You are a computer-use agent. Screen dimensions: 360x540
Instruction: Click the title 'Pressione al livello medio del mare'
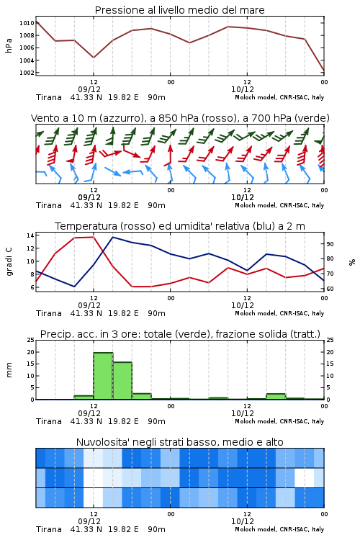179,10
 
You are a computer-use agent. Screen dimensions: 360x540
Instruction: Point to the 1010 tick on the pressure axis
27,23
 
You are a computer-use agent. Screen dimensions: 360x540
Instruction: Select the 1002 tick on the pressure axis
27,73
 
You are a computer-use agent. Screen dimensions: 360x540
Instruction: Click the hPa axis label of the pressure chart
9,45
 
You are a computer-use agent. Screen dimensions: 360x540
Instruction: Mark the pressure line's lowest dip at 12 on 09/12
94,58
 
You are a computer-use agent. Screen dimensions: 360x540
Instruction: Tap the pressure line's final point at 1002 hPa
324,71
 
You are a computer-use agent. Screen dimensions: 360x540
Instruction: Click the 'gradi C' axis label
9,262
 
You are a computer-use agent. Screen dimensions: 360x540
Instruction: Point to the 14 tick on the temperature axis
30,235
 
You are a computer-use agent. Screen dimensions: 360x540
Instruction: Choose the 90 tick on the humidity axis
330,244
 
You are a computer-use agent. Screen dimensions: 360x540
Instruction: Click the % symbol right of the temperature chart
352,262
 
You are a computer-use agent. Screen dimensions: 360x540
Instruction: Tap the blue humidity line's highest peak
113,237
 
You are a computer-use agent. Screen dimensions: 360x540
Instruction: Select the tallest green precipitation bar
104,376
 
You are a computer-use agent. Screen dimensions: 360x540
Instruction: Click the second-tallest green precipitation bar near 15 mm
122,381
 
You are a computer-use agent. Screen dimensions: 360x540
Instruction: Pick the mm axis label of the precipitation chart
9,370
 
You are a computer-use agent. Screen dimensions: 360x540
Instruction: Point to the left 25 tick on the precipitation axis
30,340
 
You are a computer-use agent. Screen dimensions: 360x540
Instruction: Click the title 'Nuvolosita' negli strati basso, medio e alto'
179,442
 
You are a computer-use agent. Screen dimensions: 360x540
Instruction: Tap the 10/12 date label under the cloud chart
242,521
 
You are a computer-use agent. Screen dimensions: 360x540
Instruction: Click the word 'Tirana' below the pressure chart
48,97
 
